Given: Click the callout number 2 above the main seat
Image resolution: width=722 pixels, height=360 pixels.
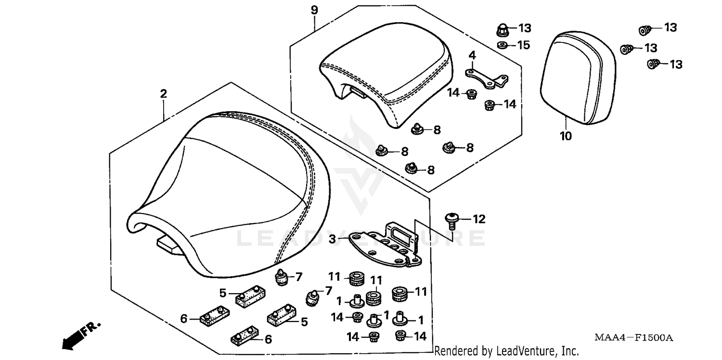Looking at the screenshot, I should (164, 94).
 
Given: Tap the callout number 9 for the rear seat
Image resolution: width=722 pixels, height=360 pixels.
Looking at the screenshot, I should (314, 10).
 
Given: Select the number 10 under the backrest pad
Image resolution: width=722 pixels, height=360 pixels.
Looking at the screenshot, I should (566, 136).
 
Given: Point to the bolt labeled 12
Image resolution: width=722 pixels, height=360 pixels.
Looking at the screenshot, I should (452, 220).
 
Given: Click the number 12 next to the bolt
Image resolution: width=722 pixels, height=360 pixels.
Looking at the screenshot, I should (479, 220).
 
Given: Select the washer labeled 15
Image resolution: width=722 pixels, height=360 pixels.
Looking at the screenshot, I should (502, 45).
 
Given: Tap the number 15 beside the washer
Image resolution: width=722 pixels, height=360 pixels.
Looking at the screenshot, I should (523, 45).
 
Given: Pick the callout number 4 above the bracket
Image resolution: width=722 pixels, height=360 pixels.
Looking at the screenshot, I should (472, 56).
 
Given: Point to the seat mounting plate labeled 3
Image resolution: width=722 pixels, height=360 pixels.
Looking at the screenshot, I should (385, 245).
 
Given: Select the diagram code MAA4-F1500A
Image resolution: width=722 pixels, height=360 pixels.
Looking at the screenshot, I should (633, 338).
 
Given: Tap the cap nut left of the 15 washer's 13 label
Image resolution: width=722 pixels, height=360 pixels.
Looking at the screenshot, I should (502, 30).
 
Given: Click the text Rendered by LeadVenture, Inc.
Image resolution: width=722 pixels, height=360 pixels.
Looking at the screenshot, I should (506, 350).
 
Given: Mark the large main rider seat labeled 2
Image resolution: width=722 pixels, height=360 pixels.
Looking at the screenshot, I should (226, 193).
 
